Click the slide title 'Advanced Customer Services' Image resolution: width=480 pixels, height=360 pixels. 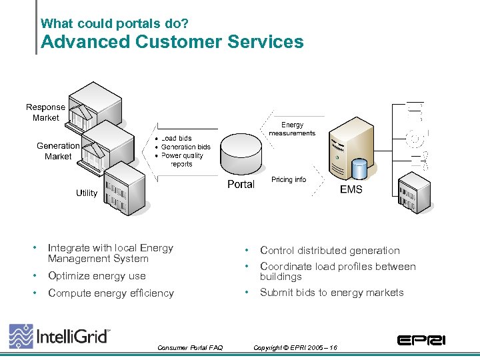172,42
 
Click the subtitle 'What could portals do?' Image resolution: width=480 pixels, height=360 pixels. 114,23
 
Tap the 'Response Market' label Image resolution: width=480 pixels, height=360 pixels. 45,112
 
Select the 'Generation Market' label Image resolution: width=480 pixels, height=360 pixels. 58,151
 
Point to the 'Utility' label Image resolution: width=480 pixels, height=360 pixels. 86,193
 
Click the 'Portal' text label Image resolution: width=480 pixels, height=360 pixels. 241,185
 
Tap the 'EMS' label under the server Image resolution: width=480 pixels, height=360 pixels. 351,189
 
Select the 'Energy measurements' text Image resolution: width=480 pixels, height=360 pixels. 292,129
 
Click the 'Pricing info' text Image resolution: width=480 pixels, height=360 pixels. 289,179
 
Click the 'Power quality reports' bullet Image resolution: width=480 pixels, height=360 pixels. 181,159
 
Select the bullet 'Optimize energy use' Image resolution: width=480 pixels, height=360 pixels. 97,276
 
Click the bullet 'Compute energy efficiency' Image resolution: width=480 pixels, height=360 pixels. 111,293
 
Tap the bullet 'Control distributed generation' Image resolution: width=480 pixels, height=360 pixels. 329,251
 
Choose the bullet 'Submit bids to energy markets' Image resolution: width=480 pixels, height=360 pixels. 331,293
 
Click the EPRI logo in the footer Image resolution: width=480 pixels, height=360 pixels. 421,340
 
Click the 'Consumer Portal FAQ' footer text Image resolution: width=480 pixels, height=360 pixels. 190,347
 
